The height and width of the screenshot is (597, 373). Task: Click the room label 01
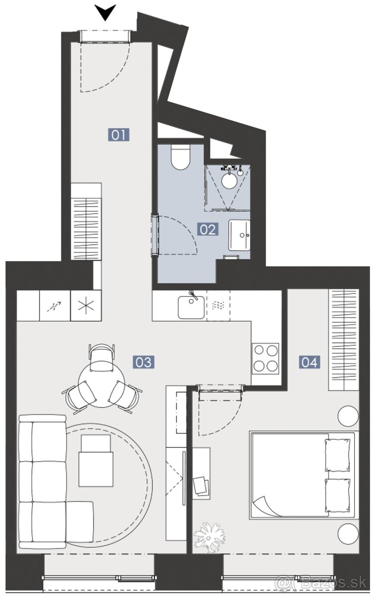[x=119, y=134]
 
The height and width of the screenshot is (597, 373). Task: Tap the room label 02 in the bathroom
[x=208, y=229]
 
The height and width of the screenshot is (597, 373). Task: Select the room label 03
[x=143, y=362]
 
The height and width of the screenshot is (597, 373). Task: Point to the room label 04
[x=309, y=362]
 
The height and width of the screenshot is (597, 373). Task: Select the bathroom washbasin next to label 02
[x=240, y=235]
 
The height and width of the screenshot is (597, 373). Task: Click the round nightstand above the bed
[x=348, y=416]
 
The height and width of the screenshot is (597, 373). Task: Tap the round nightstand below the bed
[x=348, y=534]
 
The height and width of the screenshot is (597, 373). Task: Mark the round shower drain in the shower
[x=229, y=181]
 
